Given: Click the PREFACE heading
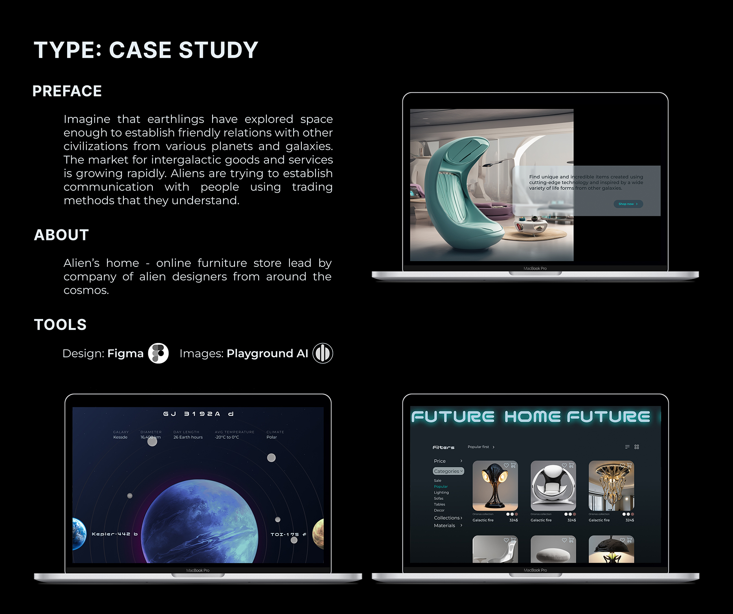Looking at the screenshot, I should coord(67,91).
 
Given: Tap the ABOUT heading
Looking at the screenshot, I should coord(61,235).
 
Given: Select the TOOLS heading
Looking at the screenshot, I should coord(60,325).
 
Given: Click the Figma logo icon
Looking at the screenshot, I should coord(158,353).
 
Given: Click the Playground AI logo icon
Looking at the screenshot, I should coord(323,353).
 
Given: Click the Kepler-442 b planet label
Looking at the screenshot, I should coord(115,534).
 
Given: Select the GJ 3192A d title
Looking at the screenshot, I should coord(198,414).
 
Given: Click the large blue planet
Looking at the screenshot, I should coord(200,522).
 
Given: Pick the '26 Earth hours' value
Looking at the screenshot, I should coord(188,437).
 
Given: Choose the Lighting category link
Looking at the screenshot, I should coord(441,493).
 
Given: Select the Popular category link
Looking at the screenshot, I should coord(441,486).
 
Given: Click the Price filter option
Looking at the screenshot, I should coord(440,461).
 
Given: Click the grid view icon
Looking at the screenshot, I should coord(636,447).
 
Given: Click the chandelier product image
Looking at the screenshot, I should coord(611,486).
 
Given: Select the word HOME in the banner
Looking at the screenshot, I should coord(532,417).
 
